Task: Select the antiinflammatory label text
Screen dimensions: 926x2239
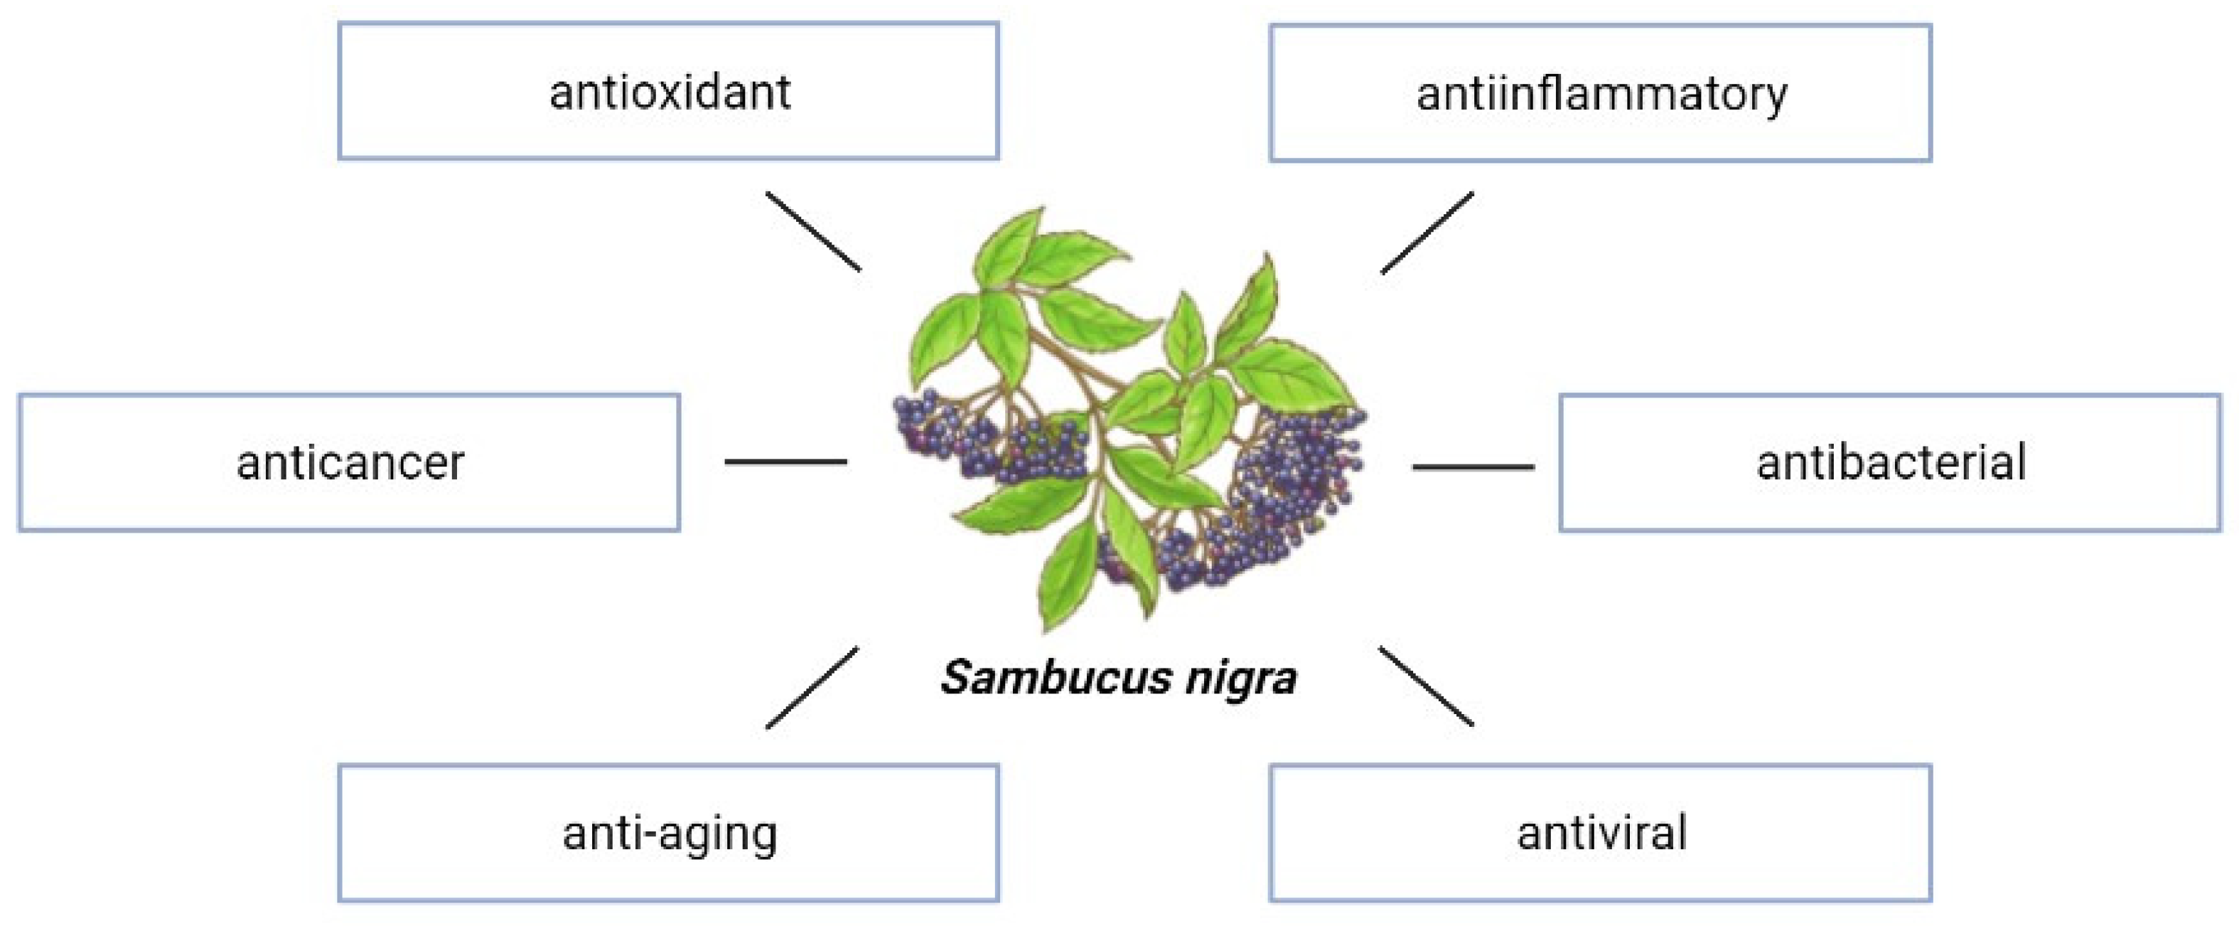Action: click(x=1601, y=94)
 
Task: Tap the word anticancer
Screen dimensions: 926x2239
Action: click(x=350, y=462)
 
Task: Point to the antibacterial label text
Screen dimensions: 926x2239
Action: click(x=1891, y=462)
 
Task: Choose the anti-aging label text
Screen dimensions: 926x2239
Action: click(x=670, y=833)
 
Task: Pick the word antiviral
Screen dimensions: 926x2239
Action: click(x=1601, y=833)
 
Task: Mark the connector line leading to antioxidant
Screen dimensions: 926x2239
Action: click(x=812, y=231)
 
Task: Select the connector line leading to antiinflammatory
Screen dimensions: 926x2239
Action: click(x=1427, y=232)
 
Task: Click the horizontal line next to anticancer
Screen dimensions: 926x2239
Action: click(x=785, y=462)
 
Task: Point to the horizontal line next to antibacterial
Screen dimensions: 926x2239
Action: click(x=1473, y=467)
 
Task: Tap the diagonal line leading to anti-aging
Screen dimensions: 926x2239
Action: click(x=812, y=688)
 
